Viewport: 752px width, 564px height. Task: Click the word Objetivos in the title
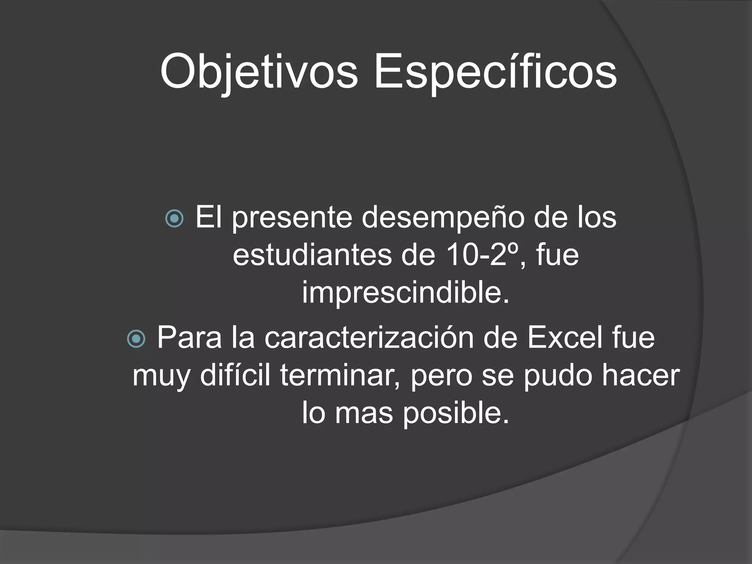point(258,72)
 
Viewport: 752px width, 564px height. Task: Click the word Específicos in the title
point(495,72)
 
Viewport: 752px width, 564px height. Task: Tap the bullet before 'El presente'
point(174,219)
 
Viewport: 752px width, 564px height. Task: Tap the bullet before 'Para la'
point(137,339)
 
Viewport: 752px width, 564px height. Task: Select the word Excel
point(565,338)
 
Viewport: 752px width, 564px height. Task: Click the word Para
point(189,338)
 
